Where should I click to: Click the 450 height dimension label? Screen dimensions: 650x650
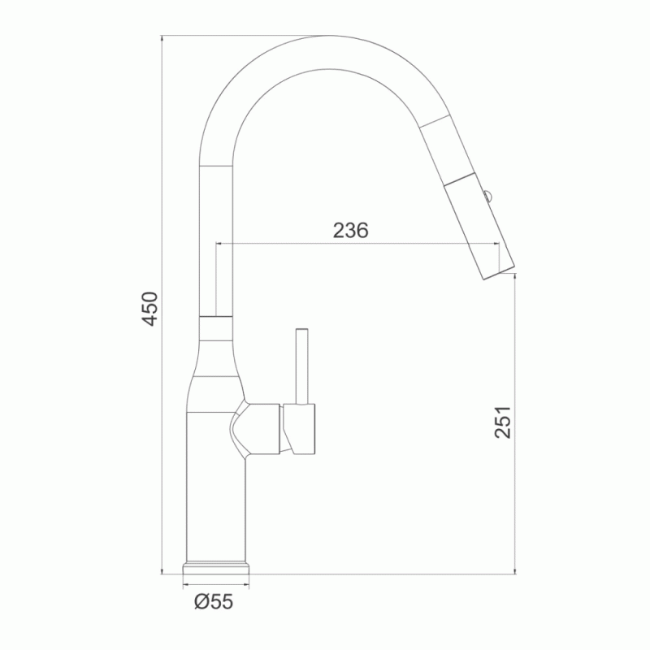149,308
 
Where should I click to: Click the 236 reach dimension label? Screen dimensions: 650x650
350,231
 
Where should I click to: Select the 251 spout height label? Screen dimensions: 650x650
502,422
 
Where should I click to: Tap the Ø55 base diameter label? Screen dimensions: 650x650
214,601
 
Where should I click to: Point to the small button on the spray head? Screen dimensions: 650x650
487,194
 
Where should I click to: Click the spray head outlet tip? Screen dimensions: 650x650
499,271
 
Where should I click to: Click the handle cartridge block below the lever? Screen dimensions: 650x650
299,429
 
